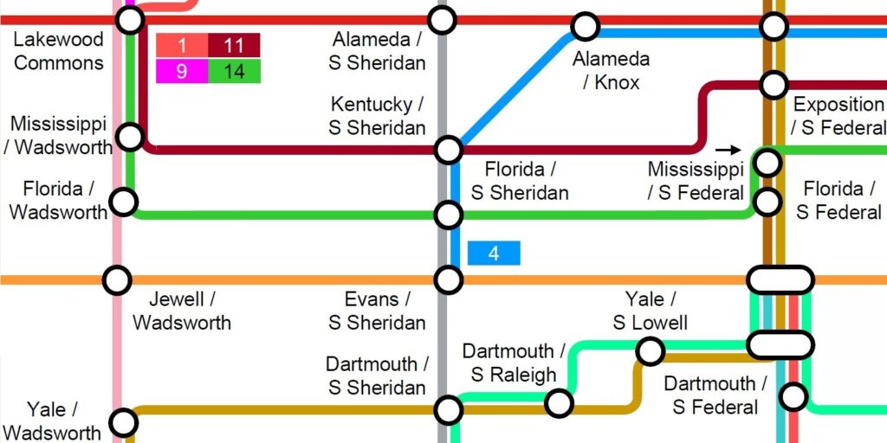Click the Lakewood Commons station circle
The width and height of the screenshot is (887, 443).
[130, 19]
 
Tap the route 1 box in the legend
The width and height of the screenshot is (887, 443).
[182, 45]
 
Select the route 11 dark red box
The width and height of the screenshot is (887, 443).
[234, 45]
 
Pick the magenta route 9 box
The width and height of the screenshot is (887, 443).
[182, 71]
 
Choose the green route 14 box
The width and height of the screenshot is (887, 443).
[234, 71]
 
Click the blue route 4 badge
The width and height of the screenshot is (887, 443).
[494, 254]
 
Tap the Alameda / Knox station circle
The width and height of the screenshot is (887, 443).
[586, 26]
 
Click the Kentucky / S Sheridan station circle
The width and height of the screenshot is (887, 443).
[448, 150]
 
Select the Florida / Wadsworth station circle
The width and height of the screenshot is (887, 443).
[124, 202]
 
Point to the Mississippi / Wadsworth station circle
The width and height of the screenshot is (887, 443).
[130, 136]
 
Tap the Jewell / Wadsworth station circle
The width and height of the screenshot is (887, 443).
[117, 279]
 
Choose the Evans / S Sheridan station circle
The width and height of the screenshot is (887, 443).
[448, 279]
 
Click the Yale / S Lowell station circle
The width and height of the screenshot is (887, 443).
[650, 351]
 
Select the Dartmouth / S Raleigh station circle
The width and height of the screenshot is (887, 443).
[560, 402]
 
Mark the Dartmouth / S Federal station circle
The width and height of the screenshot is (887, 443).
[793, 396]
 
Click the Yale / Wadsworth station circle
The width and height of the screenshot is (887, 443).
[124, 423]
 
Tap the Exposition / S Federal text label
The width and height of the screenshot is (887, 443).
[838, 116]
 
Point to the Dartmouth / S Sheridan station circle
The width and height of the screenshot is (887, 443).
[448, 409]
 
